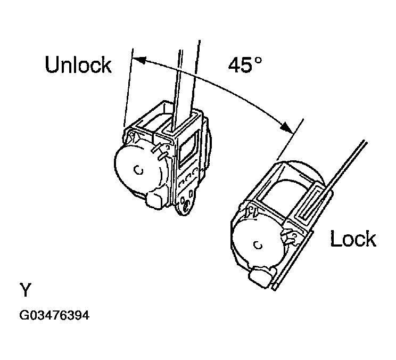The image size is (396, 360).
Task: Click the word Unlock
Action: click(78, 65)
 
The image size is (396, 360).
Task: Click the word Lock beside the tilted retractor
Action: click(353, 239)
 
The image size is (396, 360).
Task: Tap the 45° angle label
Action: click(245, 64)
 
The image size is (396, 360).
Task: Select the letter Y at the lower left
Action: click(26, 291)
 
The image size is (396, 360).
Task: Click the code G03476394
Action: click(54, 315)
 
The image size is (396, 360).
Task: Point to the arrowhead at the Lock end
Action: click(286, 128)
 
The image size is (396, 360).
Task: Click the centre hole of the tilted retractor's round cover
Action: click(257, 246)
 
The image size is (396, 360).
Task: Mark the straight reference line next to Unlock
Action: click(127, 85)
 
